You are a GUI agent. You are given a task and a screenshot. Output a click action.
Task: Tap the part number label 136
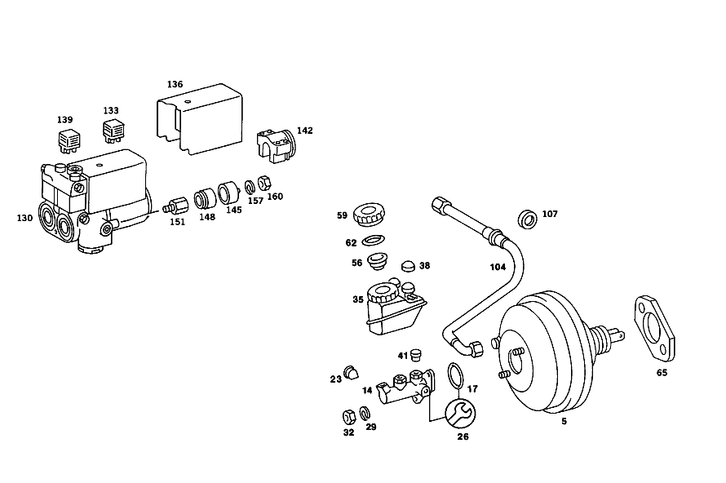(175, 84)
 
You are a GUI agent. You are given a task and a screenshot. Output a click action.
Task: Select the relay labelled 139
(69, 140)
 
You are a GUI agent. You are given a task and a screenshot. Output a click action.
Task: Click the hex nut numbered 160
(263, 183)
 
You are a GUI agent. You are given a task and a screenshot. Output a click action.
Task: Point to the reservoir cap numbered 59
(369, 215)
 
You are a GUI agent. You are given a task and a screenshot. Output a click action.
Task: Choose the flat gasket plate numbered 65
(654, 328)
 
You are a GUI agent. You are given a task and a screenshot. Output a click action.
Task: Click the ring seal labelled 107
(527, 219)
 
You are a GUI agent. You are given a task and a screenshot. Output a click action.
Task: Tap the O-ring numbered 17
(456, 376)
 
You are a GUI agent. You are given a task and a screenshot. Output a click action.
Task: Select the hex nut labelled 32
(348, 416)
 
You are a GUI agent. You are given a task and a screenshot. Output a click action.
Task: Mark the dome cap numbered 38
(409, 266)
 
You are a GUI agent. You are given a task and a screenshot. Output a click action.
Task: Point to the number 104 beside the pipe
(498, 267)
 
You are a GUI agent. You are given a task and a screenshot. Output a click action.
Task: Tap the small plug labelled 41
(415, 355)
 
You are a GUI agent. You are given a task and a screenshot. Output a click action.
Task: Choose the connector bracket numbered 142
(276, 146)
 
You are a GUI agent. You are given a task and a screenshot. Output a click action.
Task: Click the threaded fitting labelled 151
(175, 205)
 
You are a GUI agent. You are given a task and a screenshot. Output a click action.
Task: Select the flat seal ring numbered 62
(373, 241)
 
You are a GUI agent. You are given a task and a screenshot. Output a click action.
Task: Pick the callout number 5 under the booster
(564, 422)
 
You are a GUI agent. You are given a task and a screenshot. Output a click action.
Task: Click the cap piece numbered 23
(351, 372)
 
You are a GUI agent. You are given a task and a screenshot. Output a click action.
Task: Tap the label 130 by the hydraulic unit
(24, 218)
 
